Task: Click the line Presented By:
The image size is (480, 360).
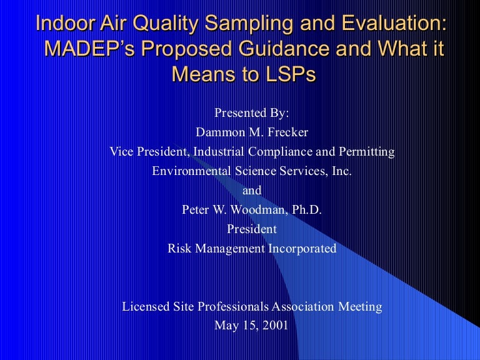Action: point(252,113)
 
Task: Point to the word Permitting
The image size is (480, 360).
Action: point(369,151)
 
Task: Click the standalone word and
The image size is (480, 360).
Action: point(252,190)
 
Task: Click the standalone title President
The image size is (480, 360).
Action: point(252,229)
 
